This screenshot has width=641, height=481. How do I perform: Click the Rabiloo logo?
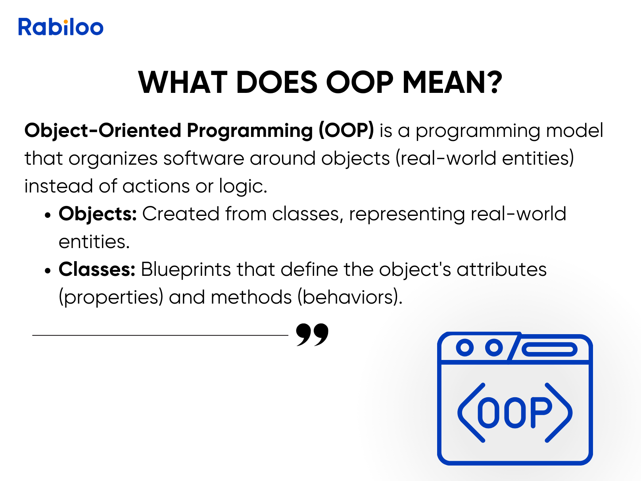(x=61, y=27)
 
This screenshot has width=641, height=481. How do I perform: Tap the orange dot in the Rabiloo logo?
(x=66, y=21)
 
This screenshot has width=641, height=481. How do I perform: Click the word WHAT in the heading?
(x=183, y=83)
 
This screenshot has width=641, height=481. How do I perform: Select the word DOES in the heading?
(x=276, y=83)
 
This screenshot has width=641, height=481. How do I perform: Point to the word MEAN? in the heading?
(x=452, y=83)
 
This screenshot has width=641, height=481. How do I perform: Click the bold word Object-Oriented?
(x=103, y=130)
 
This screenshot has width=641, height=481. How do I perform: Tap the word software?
(x=203, y=158)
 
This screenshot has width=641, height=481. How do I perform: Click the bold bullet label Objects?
(x=98, y=214)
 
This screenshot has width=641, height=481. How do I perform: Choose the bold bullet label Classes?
(x=97, y=269)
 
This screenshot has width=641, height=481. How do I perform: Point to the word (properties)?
(x=111, y=297)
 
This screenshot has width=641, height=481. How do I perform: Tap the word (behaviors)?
(x=350, y=297)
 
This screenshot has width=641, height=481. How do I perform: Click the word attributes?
(x=501, y=269)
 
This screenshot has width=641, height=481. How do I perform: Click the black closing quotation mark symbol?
(x=312, y=335)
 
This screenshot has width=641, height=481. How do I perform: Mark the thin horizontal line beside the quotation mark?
(x=160, y=335)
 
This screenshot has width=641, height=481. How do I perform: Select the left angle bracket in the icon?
(x=471, y=413)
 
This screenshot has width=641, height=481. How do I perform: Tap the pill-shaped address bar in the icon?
(x=549, y=349)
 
